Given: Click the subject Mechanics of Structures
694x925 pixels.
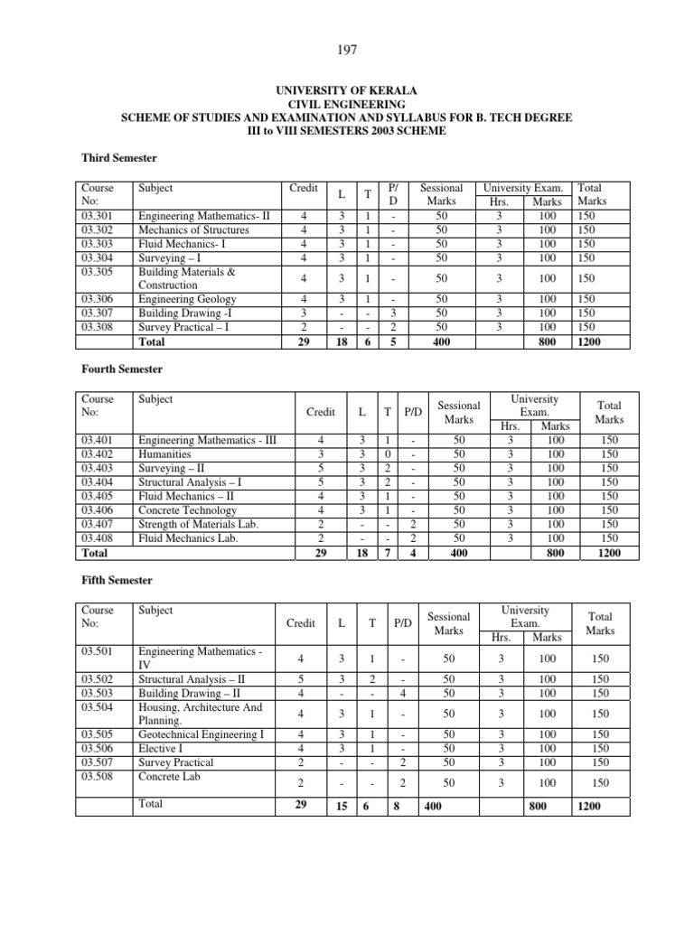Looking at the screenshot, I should click(193, 230).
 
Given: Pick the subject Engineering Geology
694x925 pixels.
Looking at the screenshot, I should click(187, 299).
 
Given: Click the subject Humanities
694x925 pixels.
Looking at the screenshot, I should click(166, 454).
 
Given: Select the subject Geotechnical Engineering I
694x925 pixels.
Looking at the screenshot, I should click(201, 735).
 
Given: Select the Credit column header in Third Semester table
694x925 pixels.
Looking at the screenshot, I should click(304, 188).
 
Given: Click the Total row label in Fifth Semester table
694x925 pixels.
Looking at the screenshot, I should click(152, 804).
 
